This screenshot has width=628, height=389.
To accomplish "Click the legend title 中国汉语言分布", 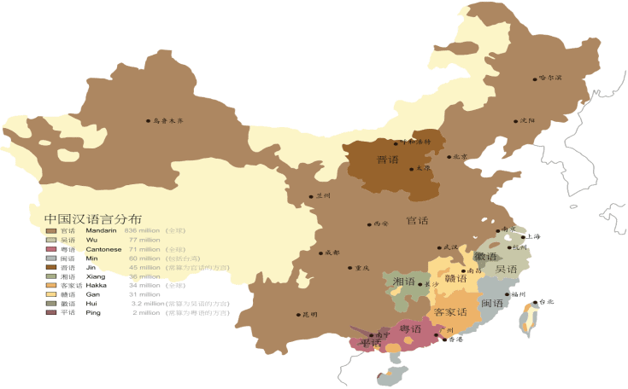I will [91, 218].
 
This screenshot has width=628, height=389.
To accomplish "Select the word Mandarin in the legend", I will [101, 230].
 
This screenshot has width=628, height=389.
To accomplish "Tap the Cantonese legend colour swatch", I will [51, 249].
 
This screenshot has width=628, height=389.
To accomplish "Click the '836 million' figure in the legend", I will [144, 230].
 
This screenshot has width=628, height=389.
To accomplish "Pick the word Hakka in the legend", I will [97, 286].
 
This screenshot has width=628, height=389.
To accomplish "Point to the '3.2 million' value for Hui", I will [147, 304].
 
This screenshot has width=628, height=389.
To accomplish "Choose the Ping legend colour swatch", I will [51, 313].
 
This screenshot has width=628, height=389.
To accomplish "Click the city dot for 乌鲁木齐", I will [148, 121].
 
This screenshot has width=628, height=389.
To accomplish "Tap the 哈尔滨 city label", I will [551, 78].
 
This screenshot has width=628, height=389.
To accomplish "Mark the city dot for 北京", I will [449, 156].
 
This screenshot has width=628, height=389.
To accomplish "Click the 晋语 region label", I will [390, 160].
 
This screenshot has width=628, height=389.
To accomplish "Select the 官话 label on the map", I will [417, 220].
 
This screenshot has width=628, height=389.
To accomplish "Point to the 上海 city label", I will [531, 236].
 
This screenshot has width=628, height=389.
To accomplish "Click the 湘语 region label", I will [403, 282].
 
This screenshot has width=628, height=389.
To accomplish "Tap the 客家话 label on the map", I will [450, 312].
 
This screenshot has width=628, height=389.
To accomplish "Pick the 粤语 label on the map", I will [410, 329].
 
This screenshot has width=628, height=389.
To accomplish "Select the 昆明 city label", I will [308, 315].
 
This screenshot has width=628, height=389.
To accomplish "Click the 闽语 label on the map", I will [492, 303].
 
